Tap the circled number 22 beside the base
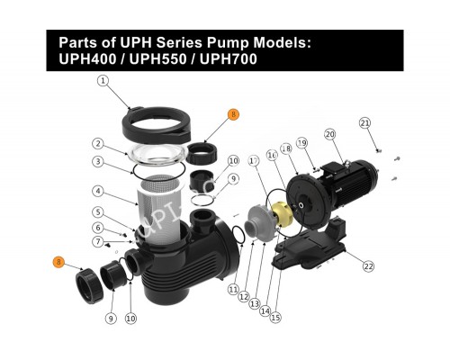[368, 265]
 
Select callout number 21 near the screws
[364, 122]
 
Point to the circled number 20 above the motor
[330, 135]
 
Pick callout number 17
[254, 161]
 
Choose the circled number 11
[234, 290]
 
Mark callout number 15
[275, 317]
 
